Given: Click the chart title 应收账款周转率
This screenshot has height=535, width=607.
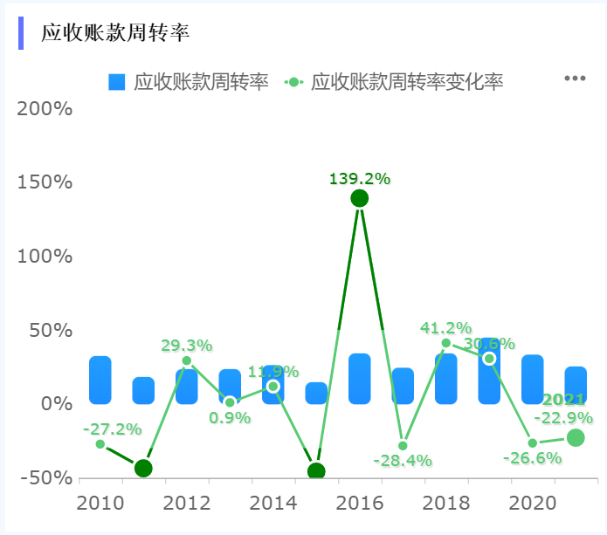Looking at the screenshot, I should coord(115,33).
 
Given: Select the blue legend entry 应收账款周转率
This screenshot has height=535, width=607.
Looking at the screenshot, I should coord(189,82).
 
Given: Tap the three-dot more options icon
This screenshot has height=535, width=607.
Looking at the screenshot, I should coord(574,79).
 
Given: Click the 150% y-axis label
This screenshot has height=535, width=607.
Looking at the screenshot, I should coord(45,182).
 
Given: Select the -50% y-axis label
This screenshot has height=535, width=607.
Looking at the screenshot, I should coord(45,478).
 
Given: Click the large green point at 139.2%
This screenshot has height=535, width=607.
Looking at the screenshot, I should coord(359,198).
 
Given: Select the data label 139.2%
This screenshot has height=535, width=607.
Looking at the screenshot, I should coord(359,178).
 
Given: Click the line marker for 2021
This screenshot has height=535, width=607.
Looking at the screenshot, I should coord(576,437).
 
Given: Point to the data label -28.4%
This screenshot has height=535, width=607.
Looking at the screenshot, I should coord(403,460).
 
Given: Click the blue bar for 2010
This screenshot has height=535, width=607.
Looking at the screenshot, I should coord(100,381).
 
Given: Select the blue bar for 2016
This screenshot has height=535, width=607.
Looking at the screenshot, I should coord(360,379).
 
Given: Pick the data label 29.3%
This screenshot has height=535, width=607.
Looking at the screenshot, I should coord(186,345).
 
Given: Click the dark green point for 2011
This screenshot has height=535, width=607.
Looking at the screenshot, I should coord(143,469).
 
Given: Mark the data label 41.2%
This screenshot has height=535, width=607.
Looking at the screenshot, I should coord(445,328).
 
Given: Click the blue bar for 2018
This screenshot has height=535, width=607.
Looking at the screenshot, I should coord(445,379).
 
